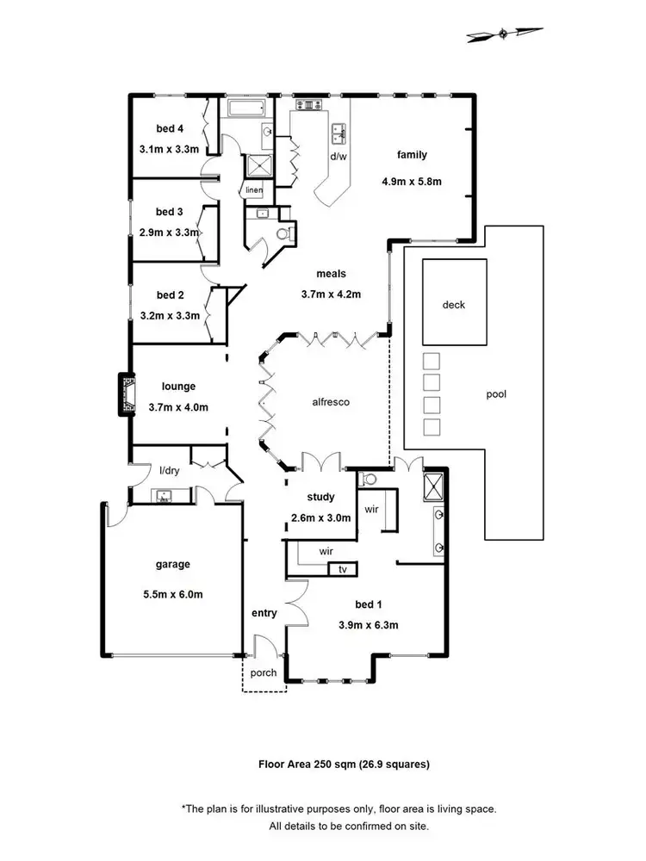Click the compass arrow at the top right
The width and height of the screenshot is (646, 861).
pos(505,34)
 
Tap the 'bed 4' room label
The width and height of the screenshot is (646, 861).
pos(170,129)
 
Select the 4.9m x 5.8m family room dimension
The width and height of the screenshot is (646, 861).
pos(412,182)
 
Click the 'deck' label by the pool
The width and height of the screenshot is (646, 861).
pos(454,305)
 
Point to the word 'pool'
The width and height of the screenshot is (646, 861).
pos(496,394)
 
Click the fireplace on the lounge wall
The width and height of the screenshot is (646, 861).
pos(127,393)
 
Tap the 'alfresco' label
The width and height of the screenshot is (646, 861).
pos(329,401)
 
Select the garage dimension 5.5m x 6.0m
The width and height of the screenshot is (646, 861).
pos(173,594)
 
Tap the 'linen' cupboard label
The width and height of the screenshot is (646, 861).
pos(253,189)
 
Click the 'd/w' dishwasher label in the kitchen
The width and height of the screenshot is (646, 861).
pos(338,157)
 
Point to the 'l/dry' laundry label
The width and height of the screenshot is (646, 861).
pos(168,470)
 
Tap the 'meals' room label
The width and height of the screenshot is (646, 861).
pos(331,274)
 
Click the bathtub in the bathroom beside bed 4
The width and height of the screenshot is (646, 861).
pos(248,109)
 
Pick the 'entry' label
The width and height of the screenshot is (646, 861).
pos(264,613)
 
